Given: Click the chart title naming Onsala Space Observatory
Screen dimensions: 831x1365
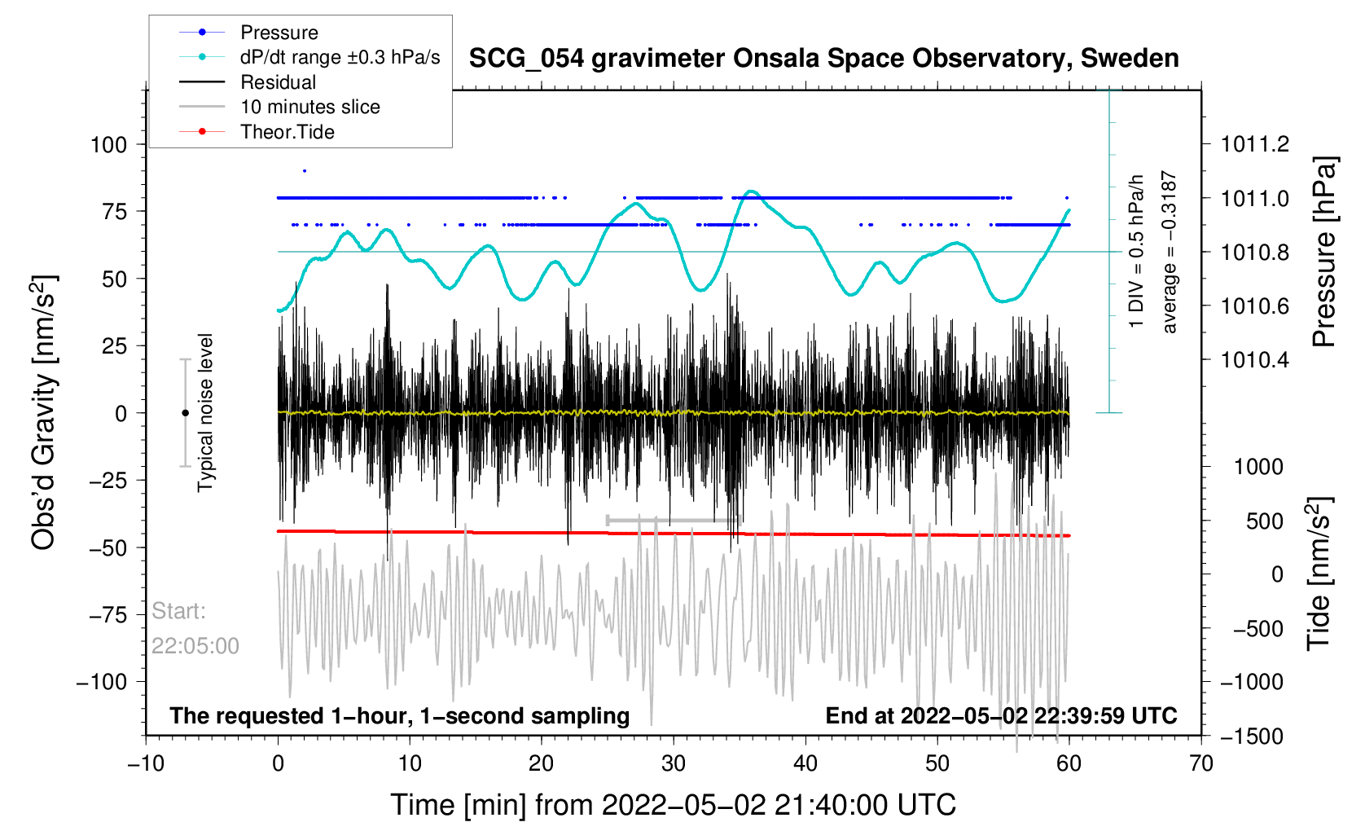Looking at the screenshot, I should tap(823, 59).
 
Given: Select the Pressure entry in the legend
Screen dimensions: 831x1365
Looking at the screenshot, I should tap(279, 33).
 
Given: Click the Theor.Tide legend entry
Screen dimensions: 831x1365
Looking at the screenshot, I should tap(287, 132).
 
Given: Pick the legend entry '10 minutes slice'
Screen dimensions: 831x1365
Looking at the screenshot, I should tap(309, 107).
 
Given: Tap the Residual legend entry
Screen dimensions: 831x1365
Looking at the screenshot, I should tap(278, 82).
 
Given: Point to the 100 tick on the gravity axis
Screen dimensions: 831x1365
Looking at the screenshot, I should tap(109, 145).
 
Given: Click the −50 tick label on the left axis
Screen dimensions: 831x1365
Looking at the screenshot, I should tap(108, 547).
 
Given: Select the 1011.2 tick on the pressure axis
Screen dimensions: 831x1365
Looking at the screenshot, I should tap(1255, 145).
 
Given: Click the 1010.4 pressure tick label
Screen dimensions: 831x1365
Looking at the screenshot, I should tap(1255, 359).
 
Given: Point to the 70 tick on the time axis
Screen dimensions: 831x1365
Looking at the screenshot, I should tap(1200, 763).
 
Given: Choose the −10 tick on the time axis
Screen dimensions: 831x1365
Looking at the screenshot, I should tap(146, 763).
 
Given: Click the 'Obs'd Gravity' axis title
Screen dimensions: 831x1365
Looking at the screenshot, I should tap(44, 413).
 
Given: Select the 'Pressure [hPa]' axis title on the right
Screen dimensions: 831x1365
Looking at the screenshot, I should tap(1324, 252).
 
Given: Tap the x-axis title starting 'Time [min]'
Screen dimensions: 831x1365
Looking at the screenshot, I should tap(673, 805).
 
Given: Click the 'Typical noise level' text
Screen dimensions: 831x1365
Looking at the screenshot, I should tap(205, 412).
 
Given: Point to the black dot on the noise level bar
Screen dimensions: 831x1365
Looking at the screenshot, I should tap(185, 413).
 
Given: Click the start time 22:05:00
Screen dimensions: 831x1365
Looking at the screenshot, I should tap(195, 646).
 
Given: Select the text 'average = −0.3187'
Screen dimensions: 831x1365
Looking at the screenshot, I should tap(1170, 252).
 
